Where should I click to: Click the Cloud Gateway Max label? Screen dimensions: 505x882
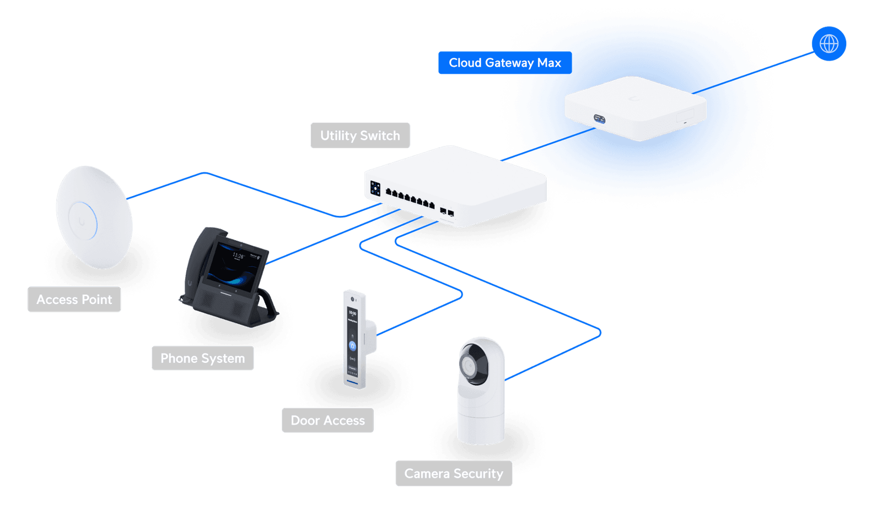pos(504,63)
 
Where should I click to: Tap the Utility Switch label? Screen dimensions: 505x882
pos(360,135)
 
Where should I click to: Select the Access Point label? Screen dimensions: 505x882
pos(74,300)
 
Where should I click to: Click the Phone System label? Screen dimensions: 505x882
pos(202,359)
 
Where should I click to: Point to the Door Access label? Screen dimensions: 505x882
pos(327,421)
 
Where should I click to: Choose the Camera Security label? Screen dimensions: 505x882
pos(454,474)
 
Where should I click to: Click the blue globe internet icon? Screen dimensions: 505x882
pos(829,44)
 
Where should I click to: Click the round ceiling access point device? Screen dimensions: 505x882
pos(93,217)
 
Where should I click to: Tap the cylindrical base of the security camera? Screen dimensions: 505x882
pos(480,425)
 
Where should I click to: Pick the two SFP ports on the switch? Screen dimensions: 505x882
pos(447,211)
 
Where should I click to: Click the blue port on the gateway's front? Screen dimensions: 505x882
pos(599,118)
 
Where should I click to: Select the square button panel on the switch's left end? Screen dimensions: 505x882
pos(375,188)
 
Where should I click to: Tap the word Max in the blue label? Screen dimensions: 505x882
pos(549,63)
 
